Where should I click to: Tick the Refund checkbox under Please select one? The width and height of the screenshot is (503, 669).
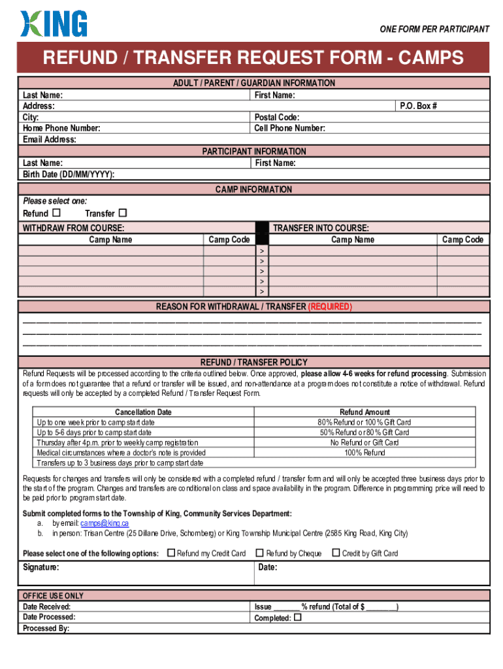tap(56, 213)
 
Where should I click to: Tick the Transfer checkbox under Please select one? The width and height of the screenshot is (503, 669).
tap(122, 213)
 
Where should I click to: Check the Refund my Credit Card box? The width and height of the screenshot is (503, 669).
tap(171, 553)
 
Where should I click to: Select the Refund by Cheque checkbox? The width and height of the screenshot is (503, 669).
tap(259, 553)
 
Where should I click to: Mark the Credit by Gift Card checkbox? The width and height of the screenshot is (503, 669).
tap(336, 553)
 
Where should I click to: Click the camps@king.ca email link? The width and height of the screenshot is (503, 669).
tap(105, 523)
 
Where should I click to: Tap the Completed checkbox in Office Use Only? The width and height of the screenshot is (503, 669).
tap(298, 617)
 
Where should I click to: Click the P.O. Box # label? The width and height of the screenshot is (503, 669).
tap(418, 106)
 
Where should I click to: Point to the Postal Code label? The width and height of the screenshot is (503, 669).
tap(277, 117)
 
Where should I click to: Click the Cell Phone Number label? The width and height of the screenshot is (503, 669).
tap(289, 128)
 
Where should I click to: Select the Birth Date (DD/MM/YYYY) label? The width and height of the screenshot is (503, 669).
tap(69, 174)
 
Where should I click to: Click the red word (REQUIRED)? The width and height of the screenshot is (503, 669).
tap(330, 306)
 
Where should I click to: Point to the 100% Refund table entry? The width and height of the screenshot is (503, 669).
tap(365, 452)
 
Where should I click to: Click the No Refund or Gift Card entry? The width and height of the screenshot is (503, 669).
tap(365, 442)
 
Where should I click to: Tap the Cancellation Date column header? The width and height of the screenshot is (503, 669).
tap(143, 412)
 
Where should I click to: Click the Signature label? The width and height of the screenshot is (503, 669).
tap(41, 567)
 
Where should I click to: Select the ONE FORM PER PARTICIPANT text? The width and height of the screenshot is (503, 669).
tap(434, 29)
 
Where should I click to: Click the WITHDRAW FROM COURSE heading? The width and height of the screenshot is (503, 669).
tap(73, 228)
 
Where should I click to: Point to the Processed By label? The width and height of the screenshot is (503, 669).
tap(46, 628)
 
